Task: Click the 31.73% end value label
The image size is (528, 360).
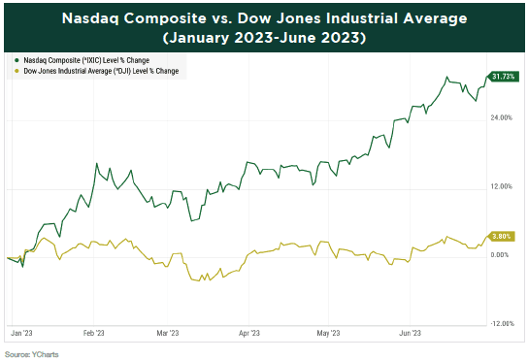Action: point(504,77)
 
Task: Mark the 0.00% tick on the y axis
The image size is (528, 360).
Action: point(501,254)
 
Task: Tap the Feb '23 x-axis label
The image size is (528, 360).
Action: point(94,333)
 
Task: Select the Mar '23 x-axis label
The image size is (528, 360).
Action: point(167,333)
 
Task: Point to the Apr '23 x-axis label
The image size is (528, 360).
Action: point(248,333)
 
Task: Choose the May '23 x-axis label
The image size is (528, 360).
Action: point(328,333)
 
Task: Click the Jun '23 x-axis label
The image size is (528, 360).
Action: point(410,333)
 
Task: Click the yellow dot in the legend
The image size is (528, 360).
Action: point(15,72)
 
